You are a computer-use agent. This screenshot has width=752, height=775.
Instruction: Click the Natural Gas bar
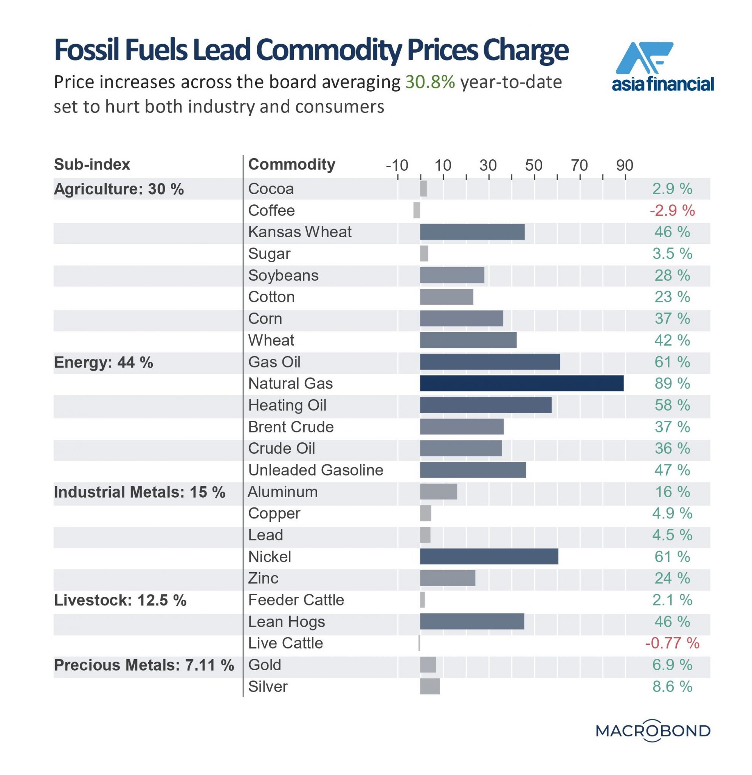pyautogui.click(x=521, y=384)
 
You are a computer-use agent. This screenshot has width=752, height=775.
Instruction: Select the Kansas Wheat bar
pyautogui.click(x=472, y=232)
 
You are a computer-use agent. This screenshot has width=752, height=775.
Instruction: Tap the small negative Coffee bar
pyautogui.click(x=416, y=210)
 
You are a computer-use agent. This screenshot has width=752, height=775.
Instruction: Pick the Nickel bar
pyautogui.click(x=489, y=557)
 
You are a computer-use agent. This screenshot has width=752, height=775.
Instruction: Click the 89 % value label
pyautogui.click(x=672, y=384)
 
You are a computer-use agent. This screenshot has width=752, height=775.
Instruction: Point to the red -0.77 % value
pyautogui.click(x=672, y=643)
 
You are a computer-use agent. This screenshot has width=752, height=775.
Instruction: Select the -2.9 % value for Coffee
pyautogui.click(x=672, y=210)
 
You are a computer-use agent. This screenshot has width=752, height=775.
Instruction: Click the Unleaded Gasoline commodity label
pyautogui.click(x=316, y=470)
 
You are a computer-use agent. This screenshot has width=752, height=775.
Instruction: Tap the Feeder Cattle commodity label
pyautogui.click(x=296, y=600)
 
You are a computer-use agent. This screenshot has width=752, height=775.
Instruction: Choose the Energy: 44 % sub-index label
pyautogui.click(x=104, y=362)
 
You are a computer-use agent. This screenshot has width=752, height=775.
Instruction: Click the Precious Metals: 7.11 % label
pyautogui.click(x=144, y=665)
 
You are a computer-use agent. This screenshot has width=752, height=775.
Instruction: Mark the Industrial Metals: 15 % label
pyautogui.click(x=140, y=492)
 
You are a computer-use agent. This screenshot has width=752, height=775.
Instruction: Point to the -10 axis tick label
pyautogui.click(x=397, y=165)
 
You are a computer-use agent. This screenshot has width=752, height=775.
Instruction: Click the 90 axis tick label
pyautogui.click(x=625, y=165)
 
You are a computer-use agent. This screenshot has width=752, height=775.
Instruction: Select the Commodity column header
pyautogui.click(x=291, y=165)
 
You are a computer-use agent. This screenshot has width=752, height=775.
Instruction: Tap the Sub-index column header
pyautogui.click(x=92, y=165)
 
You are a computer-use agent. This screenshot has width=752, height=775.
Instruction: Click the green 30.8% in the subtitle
pyautogui.click(x=430, y=82)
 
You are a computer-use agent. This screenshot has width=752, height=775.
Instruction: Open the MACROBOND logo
pyautogui.click(x=653, y=731)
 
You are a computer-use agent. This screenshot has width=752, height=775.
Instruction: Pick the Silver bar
pyautogui.click(x=429, y=687)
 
